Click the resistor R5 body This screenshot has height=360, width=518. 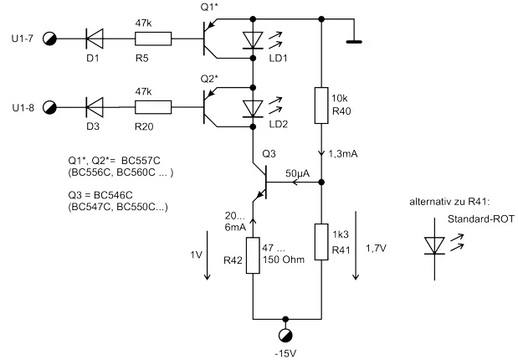[153, 38]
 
